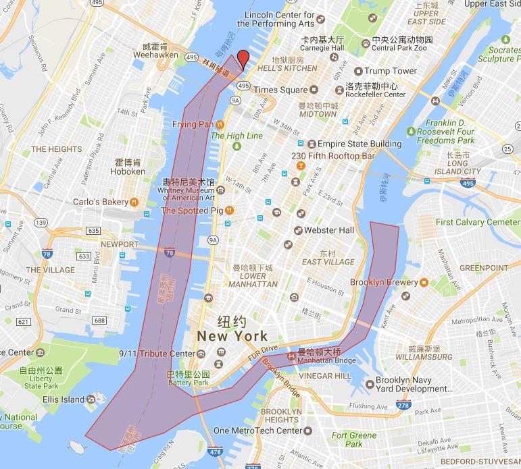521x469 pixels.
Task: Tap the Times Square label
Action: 280,90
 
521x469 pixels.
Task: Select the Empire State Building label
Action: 359,144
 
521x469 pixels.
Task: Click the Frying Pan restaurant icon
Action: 220,124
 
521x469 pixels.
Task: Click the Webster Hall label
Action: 328,230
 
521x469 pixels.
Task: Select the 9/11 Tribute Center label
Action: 156,354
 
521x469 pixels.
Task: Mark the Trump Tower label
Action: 391,71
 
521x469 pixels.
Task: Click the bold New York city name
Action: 232,335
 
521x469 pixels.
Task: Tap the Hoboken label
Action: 128,171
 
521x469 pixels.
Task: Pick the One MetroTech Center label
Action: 257,431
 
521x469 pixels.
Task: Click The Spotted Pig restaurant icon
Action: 229,211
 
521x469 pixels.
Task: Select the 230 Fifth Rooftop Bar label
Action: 332,156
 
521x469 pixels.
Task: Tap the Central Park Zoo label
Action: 401,47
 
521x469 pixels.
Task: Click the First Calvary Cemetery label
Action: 478,222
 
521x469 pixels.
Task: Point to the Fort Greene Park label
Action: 355,439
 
